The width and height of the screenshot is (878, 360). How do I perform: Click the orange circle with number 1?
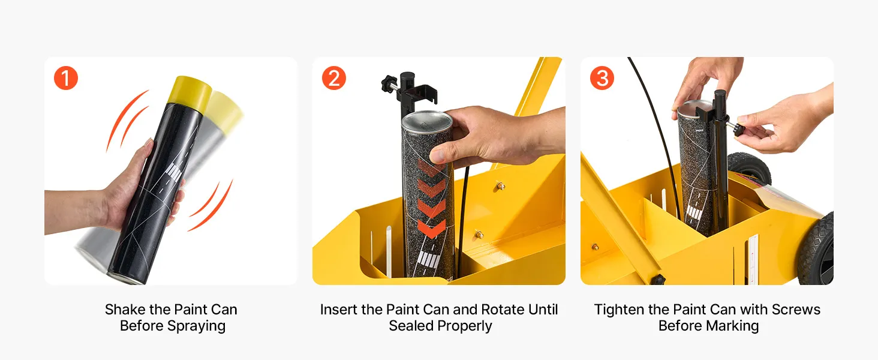point(66,78)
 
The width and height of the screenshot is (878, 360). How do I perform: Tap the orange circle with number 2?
point(334,78)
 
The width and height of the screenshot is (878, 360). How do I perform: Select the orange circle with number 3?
point(602,78)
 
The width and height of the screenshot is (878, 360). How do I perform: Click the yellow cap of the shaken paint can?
point(190,93)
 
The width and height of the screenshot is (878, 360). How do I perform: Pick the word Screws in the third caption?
point(796,310)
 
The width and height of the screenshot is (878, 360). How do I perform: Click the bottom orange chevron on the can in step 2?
point(432,229)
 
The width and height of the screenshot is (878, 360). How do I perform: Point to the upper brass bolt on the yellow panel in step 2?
point(501,185)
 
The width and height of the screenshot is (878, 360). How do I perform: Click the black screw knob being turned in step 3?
point(740,130)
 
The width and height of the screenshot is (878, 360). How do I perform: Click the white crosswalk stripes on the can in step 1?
point(174,172)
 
